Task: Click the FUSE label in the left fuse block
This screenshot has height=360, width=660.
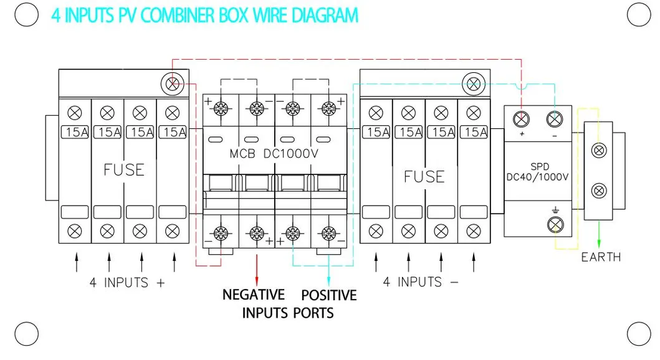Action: (x=123, y=169)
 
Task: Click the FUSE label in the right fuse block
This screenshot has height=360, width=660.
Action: (x=424, y=176)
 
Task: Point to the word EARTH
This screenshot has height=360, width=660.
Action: (x=601, y=257)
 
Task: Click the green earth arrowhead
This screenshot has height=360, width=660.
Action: (x=600, y=243)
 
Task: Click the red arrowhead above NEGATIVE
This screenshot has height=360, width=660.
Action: (x=256, y=279)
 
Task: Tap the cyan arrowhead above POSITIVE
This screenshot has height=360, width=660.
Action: (x=329, y=279)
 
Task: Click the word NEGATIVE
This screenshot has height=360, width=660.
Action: (x=254, y=295)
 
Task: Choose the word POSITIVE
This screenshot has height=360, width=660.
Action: (x=329, y=295)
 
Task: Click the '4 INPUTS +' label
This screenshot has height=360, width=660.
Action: (x=127, y=282)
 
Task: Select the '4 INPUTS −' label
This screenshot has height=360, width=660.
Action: (x=420, y=282)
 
